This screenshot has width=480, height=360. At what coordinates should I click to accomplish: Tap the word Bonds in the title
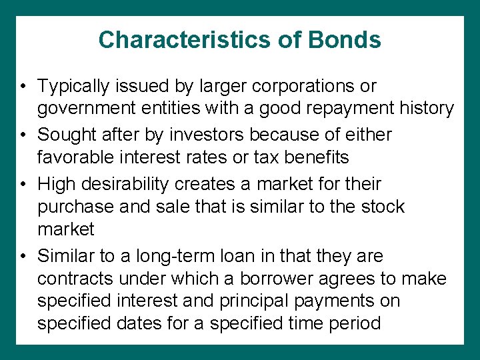[345, 40]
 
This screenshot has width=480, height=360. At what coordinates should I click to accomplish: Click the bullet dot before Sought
[23, 135]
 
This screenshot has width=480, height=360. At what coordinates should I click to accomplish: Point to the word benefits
[319, 158]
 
